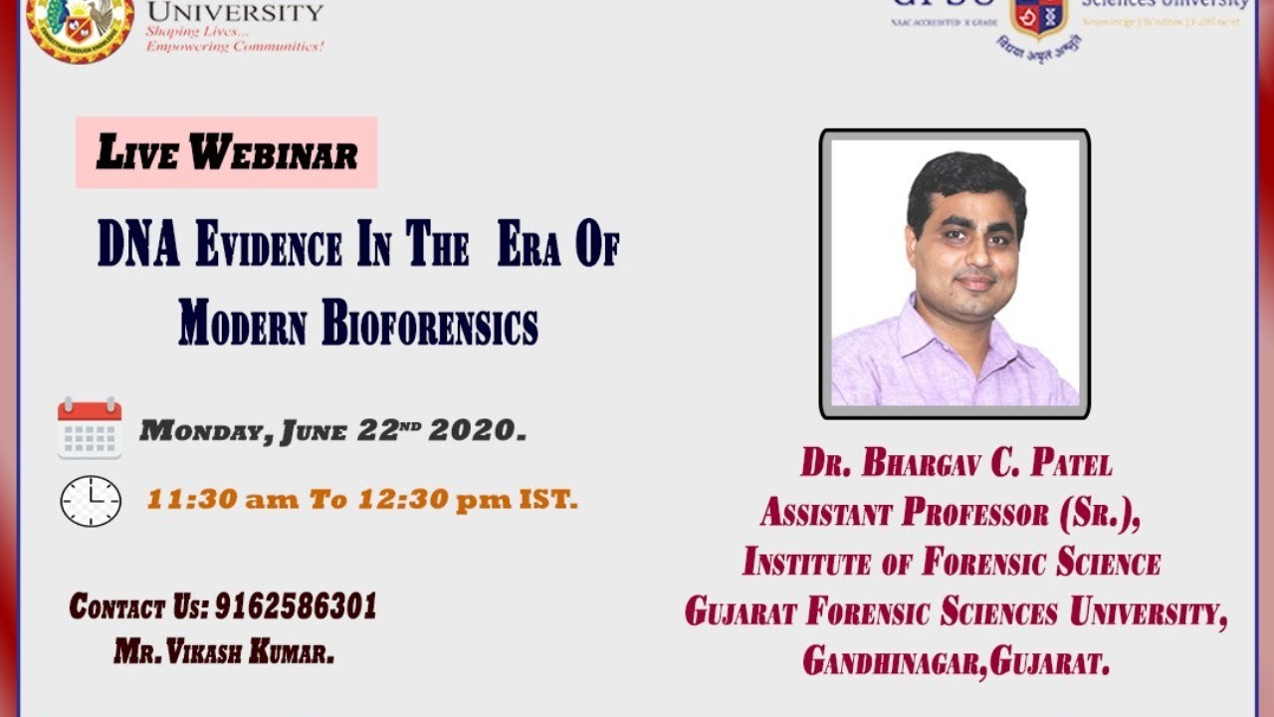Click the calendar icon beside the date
point(90,428)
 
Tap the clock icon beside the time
point(91,500)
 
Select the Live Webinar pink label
point(227,153)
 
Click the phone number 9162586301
point(296,605)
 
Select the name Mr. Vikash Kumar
point(224,652)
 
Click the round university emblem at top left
point(80,25)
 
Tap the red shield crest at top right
point(1038,18)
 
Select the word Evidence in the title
point(269,246)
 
